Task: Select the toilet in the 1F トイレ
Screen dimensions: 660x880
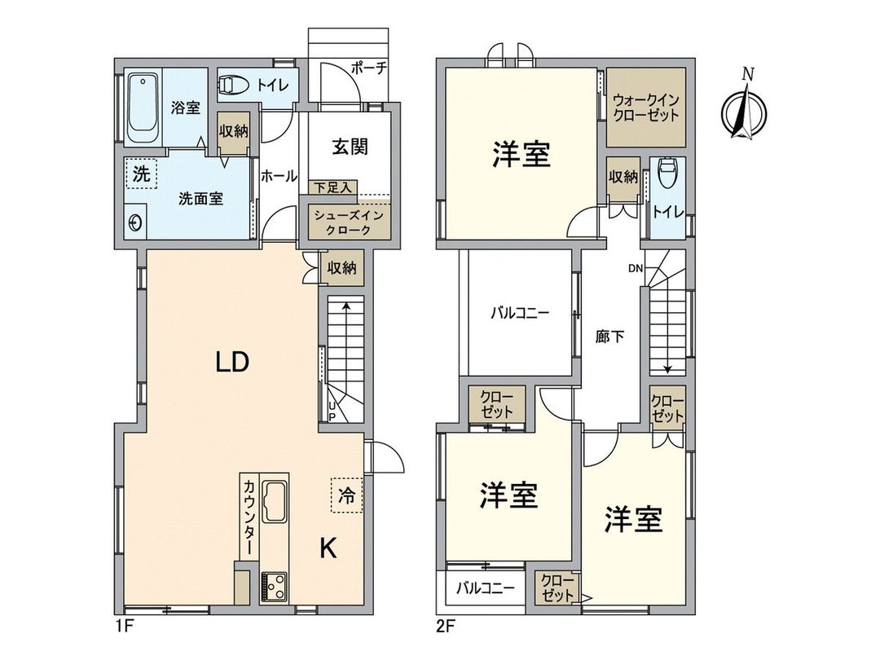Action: tap(233, 84)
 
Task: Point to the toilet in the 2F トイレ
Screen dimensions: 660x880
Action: tap(668, 174)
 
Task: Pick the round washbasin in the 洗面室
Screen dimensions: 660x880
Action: tap(137, 222)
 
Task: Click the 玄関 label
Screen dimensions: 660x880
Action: tap(350, 147)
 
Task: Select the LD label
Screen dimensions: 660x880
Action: tap(231, 363)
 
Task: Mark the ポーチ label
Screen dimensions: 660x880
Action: tap(369, 69)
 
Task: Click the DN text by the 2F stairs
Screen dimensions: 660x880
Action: tap(636, 268)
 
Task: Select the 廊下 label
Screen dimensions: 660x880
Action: tap(609, 335)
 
